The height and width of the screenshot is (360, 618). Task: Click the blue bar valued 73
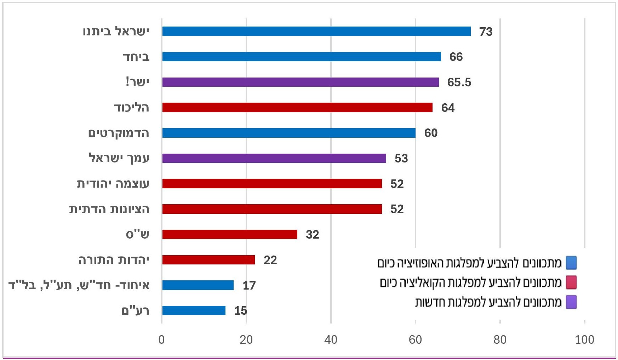click(x=316, y=32)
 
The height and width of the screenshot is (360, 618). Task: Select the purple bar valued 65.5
click(x=301, y=82)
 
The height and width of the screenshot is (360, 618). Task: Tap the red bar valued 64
click(x=297, y=108)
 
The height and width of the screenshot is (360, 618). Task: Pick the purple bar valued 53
click(x=274, y=158)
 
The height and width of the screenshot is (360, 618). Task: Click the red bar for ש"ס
click(x=230, y=234)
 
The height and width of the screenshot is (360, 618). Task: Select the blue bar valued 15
click(x=194, y=310)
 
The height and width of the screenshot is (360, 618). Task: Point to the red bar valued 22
click(x=208, y=260)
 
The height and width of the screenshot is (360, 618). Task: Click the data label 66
click(x=456, y=57)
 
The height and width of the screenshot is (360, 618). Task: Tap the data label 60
click(x=431, y=133)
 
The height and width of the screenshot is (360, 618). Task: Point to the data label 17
click(x=249, y=285)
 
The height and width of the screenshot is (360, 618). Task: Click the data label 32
click(x=313, y=235)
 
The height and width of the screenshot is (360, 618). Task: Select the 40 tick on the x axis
click(x=331, y=340)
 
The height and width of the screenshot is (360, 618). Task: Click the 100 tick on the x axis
click(x=585, y=340)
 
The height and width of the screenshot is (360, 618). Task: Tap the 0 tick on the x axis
click(x=162, y=340)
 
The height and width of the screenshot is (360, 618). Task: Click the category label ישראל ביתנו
click(x=116, y=32)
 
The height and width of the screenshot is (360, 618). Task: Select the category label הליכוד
click(x=132, y=108)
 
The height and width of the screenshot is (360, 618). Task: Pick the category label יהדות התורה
click(x=114, y=260)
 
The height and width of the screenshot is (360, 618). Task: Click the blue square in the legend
click(x=571, y=263)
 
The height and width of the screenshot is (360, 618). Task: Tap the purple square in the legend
click(x=571, y=302)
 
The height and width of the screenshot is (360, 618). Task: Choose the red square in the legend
click(x=571, y=282)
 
